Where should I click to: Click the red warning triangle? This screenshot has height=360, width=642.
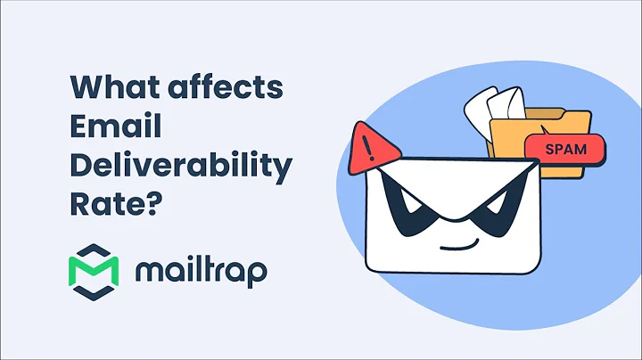(368, 146)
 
